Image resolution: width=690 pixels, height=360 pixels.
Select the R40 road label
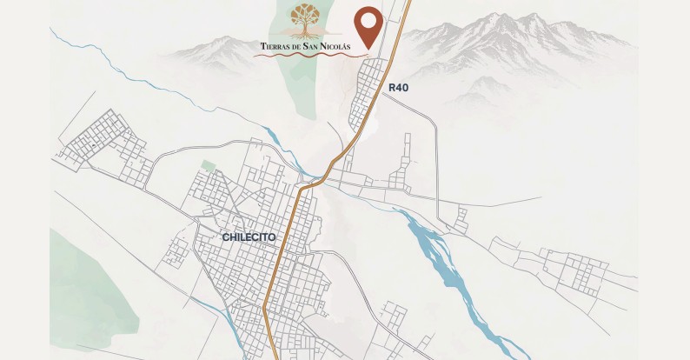(x=399, y=87)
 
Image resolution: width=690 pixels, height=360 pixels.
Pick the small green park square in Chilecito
(x=208, y=165)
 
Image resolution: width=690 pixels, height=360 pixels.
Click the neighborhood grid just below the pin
(x=365, y=91)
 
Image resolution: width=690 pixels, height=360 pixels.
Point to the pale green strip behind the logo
(x=300, y=87)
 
